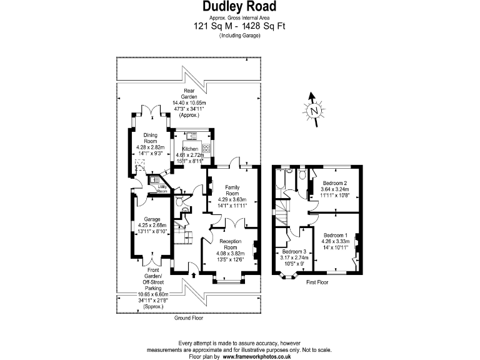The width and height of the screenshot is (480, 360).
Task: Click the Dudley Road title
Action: coord(240,7)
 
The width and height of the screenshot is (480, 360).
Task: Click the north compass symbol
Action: coord(314,109)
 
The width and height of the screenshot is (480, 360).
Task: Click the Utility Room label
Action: coord(162,187)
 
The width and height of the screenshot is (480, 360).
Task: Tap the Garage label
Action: coord(152,219)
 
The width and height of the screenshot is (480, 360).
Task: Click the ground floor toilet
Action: coord(179,201)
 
